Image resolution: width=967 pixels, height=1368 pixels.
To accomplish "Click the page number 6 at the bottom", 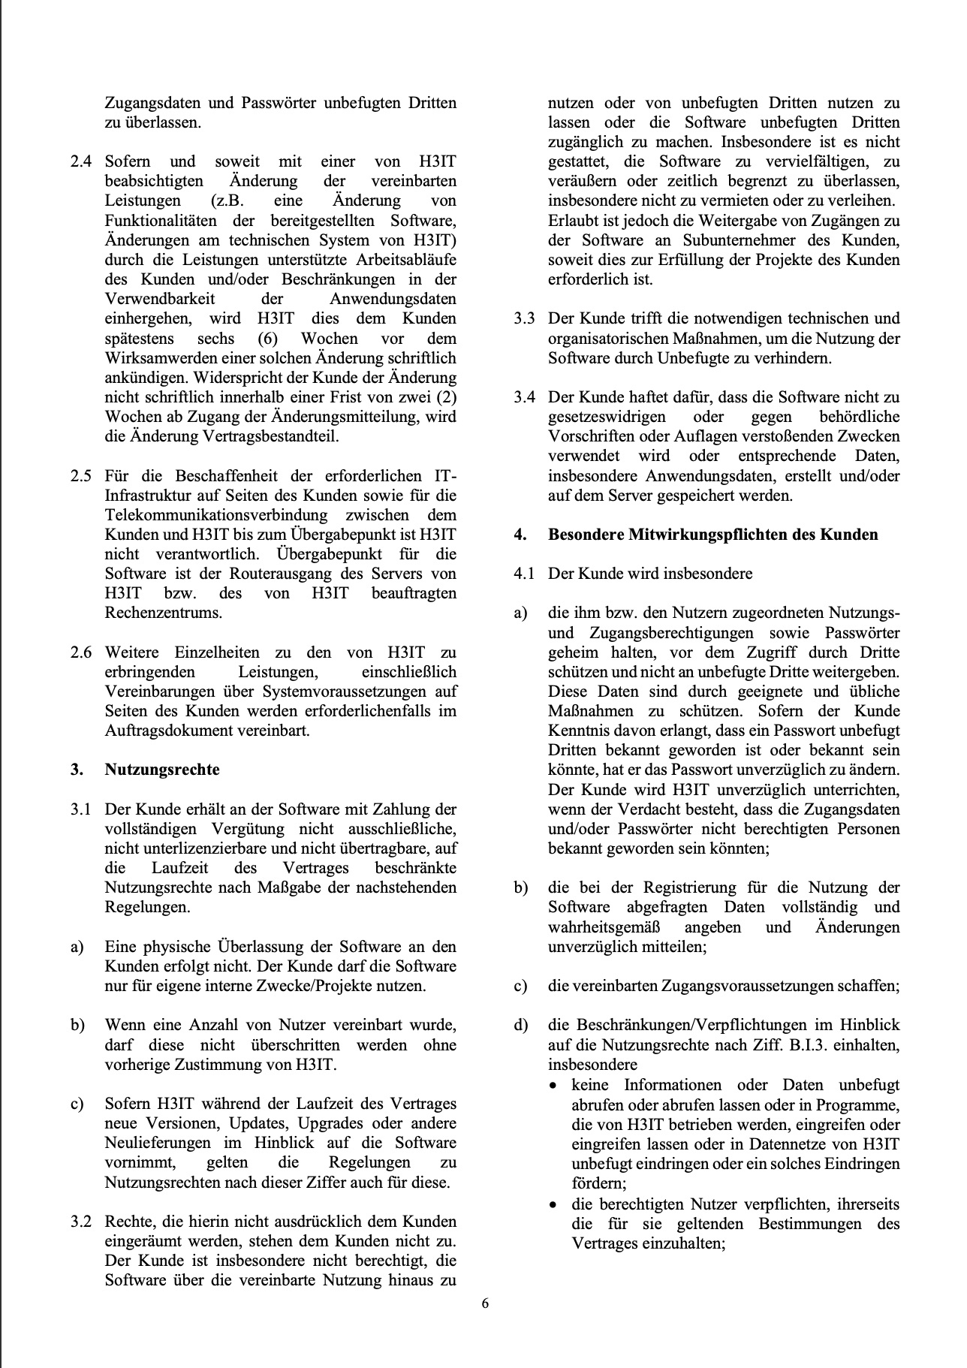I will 484,1303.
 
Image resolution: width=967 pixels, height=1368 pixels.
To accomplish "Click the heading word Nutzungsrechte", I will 162,770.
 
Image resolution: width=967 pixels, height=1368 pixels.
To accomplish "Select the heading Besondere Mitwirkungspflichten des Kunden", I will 712,535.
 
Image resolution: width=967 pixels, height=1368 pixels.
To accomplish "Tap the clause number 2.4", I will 81,161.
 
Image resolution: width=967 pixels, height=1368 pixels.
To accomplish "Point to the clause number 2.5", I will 81,476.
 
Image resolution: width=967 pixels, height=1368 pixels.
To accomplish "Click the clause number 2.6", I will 81,652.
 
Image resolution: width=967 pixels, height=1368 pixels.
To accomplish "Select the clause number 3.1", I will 81,809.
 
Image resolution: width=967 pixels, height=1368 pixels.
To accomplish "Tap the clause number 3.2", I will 81,1222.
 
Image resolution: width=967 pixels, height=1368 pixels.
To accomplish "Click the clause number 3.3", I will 524,318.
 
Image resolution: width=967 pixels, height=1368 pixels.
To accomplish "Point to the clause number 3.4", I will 524,397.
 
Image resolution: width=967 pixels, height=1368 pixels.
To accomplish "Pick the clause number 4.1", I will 524,574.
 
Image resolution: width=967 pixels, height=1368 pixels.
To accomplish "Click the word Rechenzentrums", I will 164,612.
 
